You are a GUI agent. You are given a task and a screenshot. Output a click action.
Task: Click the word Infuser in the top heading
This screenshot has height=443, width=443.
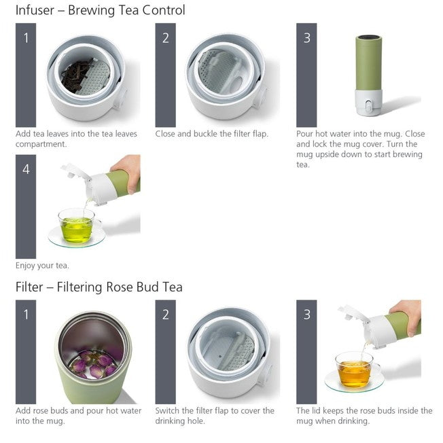tap(35, 10)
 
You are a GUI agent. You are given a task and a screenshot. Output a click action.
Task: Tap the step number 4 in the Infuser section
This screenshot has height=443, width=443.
tap(26, 169)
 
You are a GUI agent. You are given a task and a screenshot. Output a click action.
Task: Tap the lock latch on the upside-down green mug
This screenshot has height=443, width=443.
tap(368, 106)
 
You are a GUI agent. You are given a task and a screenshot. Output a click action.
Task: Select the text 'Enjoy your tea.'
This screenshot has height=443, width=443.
tap(42, 266)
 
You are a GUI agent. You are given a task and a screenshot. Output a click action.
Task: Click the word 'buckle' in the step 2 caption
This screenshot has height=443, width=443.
tap(205, 134)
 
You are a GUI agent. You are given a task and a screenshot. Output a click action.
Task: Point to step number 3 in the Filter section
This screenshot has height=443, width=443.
tap(306, 314)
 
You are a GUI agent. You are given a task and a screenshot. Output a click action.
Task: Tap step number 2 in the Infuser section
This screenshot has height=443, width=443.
tap(166, 38)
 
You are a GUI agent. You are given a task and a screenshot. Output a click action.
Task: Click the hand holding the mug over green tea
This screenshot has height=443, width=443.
tap(128, 172)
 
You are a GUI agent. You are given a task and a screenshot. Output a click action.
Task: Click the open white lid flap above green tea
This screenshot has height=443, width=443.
tap(75, 171)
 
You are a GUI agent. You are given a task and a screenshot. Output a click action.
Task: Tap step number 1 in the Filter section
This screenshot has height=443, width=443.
tap(26, 314)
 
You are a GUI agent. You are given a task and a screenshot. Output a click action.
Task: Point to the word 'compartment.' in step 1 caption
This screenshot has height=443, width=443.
tap(41, 144)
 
